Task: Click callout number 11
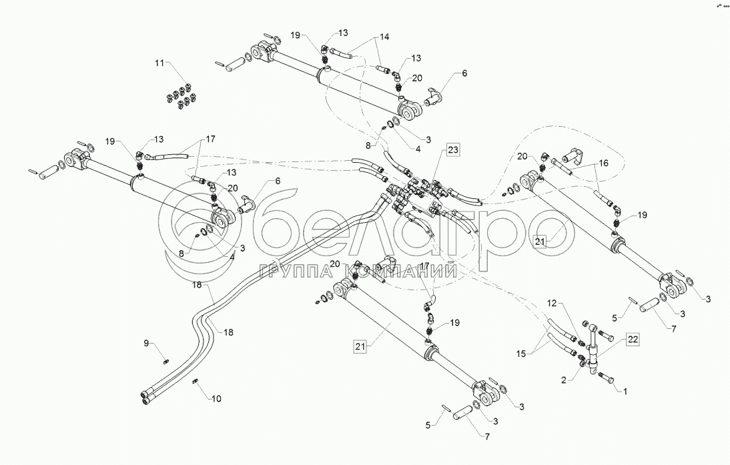coord(159,63)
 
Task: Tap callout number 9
coord(146,344)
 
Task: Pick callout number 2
coord(565,379)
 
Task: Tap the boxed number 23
coord(453,150)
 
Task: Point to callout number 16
coord(603,162)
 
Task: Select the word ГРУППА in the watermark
coord(297,271)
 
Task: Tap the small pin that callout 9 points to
coord(164,361)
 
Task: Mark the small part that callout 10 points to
coord(197,382)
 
